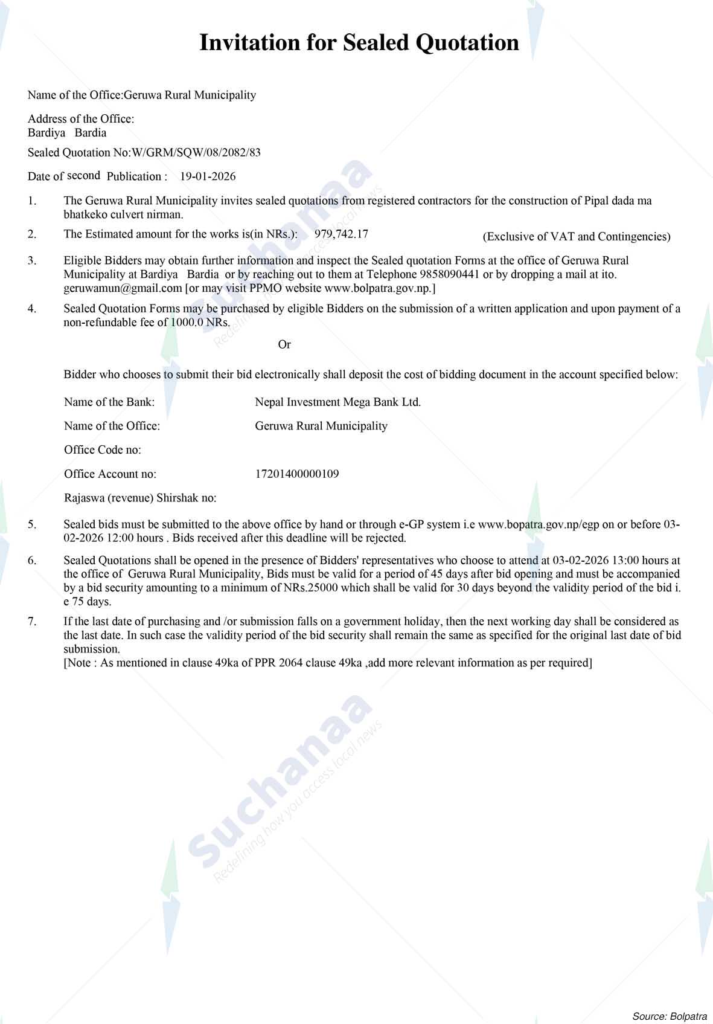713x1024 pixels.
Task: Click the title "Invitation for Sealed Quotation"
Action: click(x=359, y=43)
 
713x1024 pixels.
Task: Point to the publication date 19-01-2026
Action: click(x=208, y=176)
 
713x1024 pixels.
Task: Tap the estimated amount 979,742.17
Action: click(x=341, y=234)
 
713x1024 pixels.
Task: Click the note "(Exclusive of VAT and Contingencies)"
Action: click(x=576, y=237)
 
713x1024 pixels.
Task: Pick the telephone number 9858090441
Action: click(x=449, y=274)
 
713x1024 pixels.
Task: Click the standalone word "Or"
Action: click(x=284, y=344)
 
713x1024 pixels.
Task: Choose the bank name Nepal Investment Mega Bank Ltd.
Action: click(x=337, y=402)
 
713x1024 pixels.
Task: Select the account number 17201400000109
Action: click(x=297, y=474)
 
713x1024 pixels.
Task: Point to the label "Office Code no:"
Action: click(x=103, y=449)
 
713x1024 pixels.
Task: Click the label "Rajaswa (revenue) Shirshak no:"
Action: click(x=140, y=498)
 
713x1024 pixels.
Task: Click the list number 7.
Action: click(x=31, y=621)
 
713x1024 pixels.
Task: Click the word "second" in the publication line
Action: click(x=83, y=175)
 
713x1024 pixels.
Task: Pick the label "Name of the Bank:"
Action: click(x=109, y=402)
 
